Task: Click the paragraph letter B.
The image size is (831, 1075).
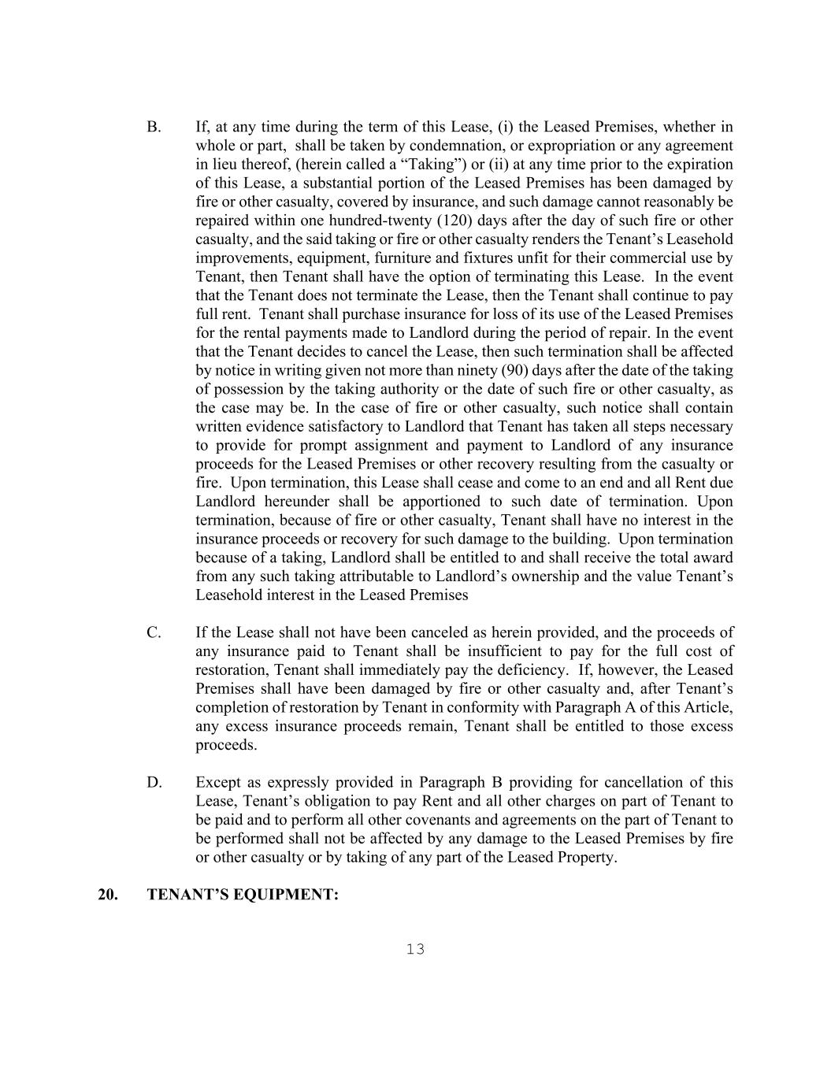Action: (153, 128)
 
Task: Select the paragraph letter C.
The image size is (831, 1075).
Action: (154, 633)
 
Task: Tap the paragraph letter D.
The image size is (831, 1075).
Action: (154, 783)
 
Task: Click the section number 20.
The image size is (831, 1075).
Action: (108, 895)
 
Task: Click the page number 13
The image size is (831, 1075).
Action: (415, 950)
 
